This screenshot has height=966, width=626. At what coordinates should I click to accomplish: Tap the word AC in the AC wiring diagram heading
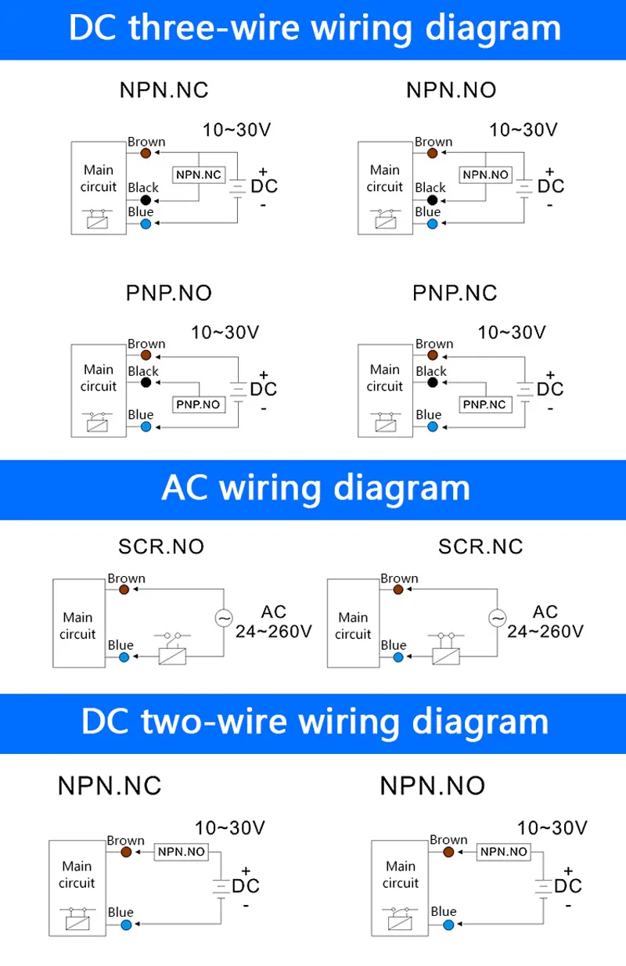[x=185, y=488]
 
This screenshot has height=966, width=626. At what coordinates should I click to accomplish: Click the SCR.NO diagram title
[x=161, y=546]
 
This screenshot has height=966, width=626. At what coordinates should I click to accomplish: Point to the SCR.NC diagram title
[x=480, y=546]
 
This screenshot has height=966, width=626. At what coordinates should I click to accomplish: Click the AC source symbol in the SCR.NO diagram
[x=224, y=618]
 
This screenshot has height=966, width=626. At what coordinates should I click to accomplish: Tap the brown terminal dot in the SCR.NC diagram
[x=398, y=589]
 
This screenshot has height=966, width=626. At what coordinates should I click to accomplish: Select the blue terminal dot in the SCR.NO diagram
[x=124, y=657]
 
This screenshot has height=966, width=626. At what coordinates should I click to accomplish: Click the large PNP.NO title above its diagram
[x=169, y=294]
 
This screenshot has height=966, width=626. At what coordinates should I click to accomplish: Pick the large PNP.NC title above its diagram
[x=455, y=294]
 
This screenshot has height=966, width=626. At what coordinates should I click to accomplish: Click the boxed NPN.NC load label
[x=199, y=175]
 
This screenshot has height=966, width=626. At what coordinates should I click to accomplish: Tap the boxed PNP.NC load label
[x=485, y=405]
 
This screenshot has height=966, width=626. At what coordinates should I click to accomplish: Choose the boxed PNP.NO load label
[x=199, y=405]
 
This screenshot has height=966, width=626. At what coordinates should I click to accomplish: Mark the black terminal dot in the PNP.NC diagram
[x=432, y=383]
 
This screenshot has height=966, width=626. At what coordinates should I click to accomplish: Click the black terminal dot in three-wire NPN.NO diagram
[x=432, y=200]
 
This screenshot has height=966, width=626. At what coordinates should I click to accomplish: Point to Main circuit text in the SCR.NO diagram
[x=78, y=626]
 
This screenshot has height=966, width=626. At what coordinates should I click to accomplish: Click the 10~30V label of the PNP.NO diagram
[x=225, y=333]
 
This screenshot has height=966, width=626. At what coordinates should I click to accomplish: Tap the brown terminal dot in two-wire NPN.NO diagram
[x=448, y=852]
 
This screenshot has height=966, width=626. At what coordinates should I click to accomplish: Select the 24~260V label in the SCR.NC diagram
[x=545, y=631]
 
